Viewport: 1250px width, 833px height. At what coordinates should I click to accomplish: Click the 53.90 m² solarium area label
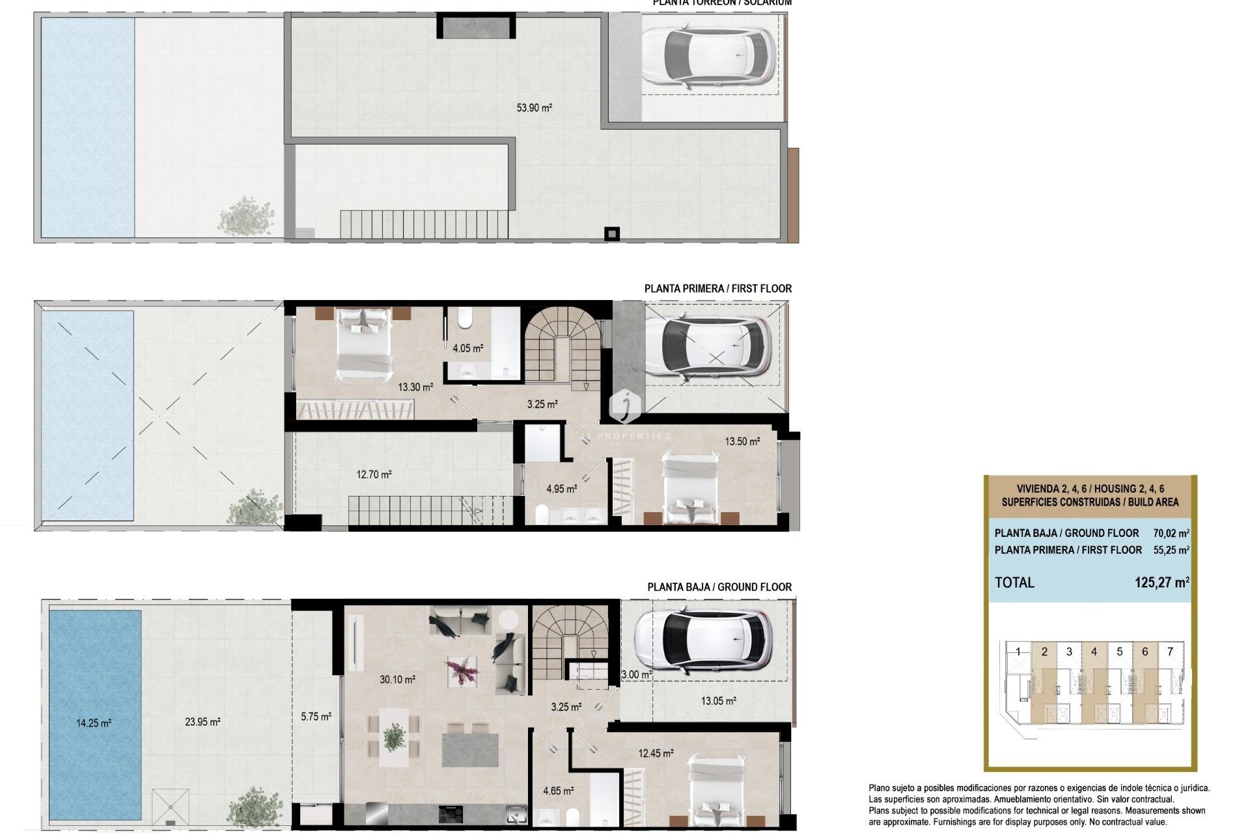[534, 108]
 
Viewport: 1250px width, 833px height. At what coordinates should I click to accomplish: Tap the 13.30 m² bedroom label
[415, 387]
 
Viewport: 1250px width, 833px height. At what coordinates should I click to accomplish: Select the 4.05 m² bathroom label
[467, 349]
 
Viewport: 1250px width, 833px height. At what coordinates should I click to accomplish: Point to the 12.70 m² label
[374, 475]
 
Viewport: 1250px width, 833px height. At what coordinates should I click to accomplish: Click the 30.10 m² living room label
[397, 679]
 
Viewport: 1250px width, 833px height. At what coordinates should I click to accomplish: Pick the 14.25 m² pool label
[94, 723]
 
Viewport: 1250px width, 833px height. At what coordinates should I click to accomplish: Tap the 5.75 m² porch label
[316, 717]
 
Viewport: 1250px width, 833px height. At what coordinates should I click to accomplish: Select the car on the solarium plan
[708, 55]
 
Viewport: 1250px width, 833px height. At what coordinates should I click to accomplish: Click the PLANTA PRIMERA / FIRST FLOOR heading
[717, 288]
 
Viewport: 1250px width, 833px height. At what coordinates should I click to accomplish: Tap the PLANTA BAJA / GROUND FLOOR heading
[719, 587]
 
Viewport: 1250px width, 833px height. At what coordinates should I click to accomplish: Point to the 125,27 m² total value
[1161, 582]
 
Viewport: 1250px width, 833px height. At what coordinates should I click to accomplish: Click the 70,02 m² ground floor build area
[1171, 533]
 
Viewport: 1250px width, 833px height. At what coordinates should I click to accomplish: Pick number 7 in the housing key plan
[1170, 651]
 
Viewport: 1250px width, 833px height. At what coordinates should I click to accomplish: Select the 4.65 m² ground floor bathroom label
[558, 791]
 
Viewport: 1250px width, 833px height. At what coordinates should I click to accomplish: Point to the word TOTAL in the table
[1014, 582]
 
